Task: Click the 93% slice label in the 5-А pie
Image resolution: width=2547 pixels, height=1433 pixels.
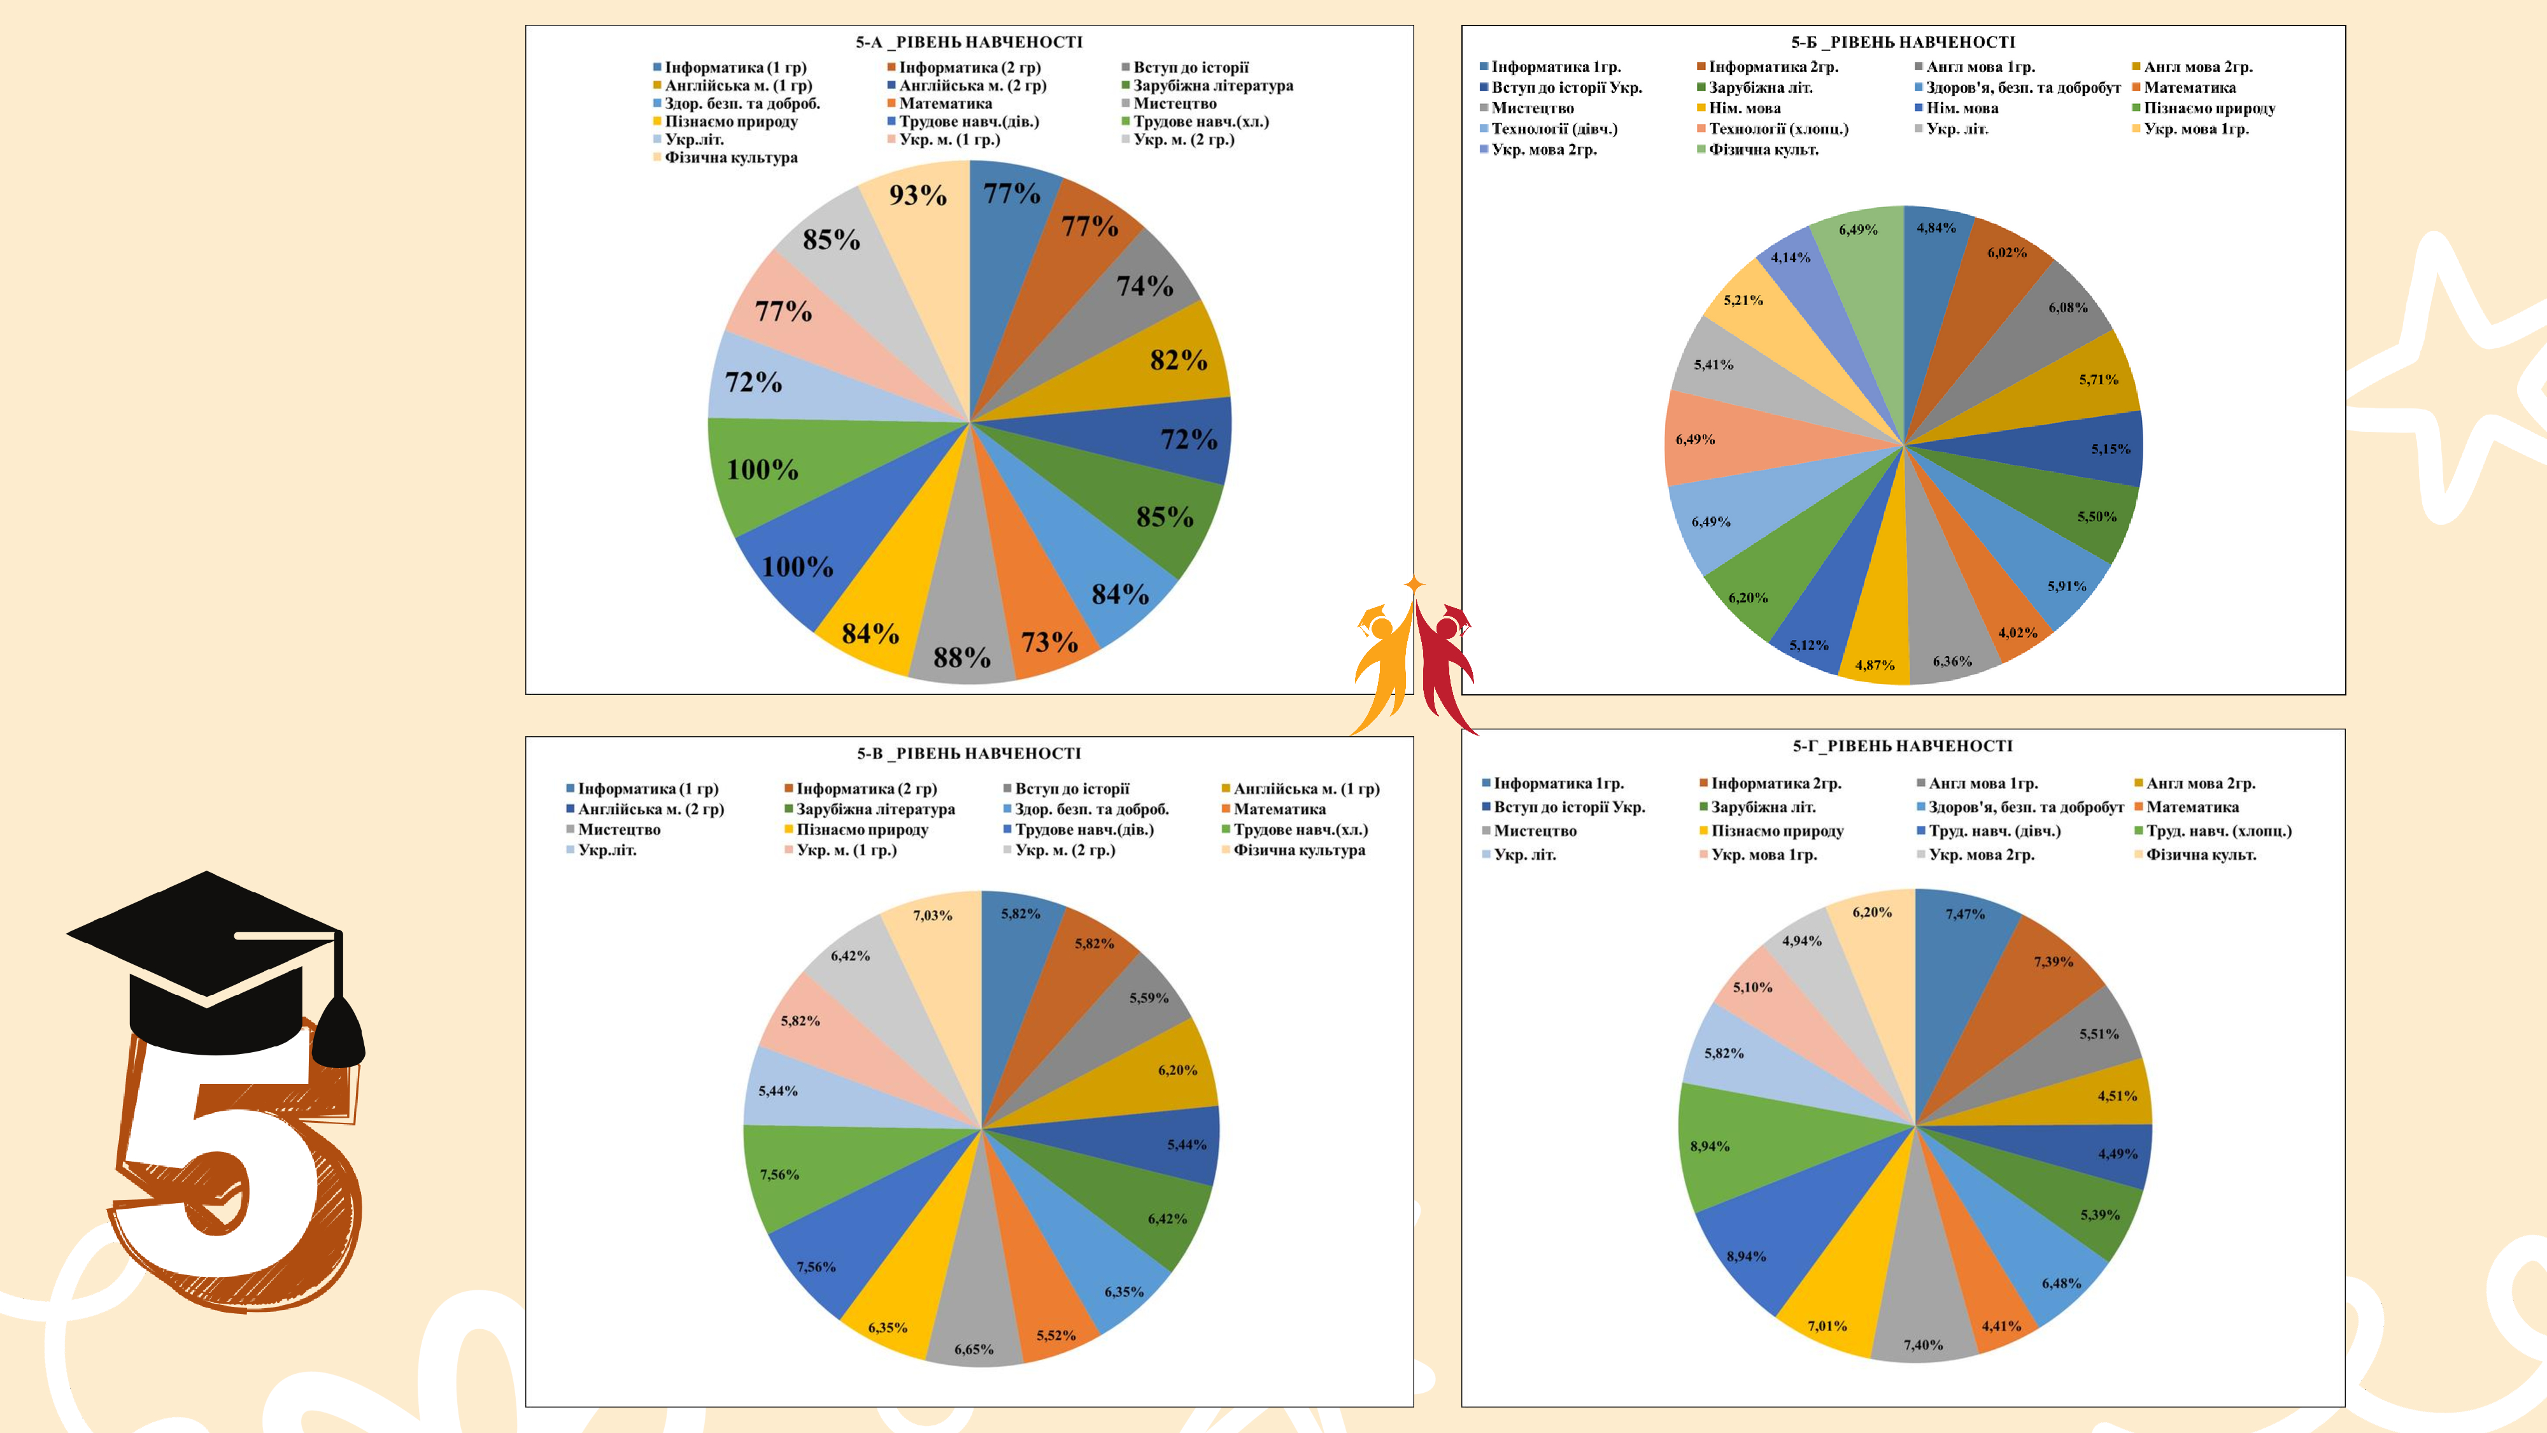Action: point(918,195)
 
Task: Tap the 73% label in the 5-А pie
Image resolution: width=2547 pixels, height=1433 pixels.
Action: point(1049,643)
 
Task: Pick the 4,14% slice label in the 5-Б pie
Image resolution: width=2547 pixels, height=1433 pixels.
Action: point(1790,258)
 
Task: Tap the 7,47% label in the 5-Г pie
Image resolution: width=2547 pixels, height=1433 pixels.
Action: point(1964,915)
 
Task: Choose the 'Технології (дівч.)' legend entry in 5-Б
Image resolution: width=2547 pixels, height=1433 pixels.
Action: point(1553,129)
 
